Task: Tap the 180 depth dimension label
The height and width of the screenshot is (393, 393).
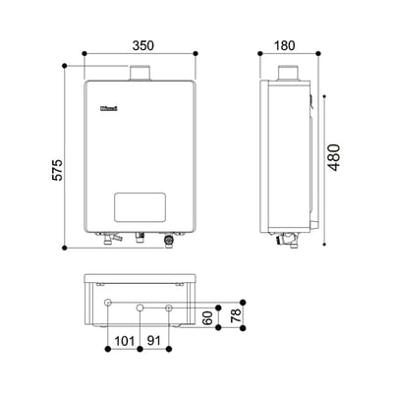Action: [286, 45]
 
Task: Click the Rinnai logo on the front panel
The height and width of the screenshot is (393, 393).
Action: [107, 111]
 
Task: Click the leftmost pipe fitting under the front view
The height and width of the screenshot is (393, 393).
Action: [108, 237]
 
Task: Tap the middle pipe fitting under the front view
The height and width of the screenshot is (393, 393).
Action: [139, 236]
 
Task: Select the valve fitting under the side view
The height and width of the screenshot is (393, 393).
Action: [289, 238]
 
